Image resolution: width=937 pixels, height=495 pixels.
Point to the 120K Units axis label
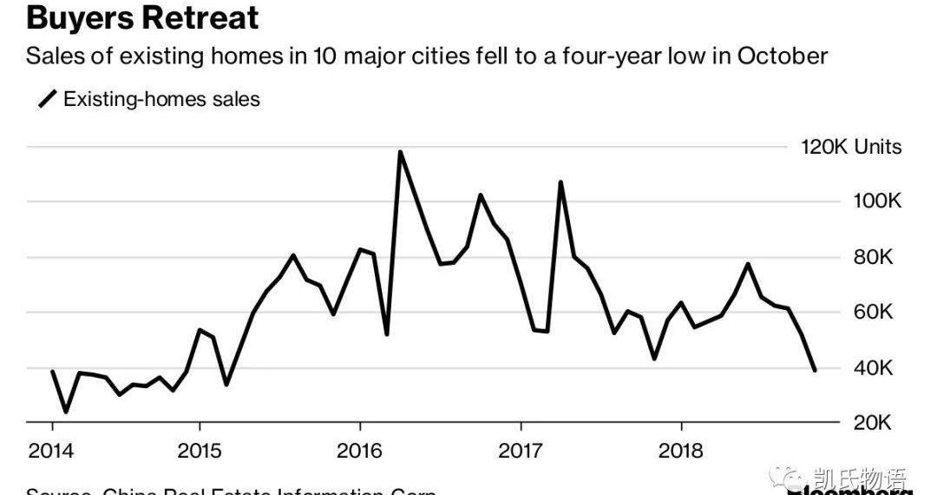click(x=850, y=147)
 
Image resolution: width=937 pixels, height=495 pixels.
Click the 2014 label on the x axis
click(x=52, y=451)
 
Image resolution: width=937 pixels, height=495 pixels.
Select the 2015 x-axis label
click(x=200, y=451)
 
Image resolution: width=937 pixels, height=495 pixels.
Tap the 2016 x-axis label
click(x=360, y=451)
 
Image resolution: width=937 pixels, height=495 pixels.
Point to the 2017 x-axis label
click(x=521, y=451)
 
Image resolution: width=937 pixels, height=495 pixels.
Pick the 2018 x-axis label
click(x=682, y=451)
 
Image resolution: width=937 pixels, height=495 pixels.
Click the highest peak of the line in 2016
click(x=400, y=152)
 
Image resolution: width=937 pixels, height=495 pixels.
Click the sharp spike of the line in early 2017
click(x=560, y=182)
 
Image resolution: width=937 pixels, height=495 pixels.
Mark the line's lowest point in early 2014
click(x=66, y=412)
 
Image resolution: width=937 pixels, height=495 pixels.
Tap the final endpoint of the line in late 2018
click(x=815, y=370)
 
